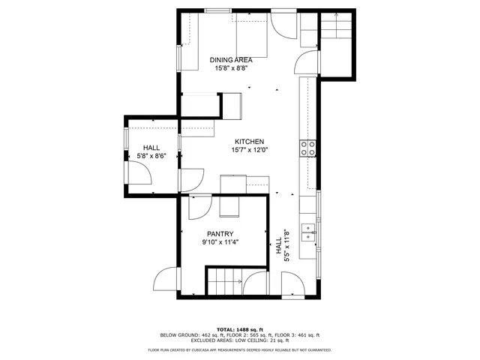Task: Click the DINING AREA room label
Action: click(230, 60)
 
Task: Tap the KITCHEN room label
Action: click(250, 142)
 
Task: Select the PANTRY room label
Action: click(220, 233)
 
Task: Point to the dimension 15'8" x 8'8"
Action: click(229, 68)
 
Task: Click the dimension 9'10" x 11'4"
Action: click(220, 242)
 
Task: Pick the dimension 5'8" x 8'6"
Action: click(151, 156)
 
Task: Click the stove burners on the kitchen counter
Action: click(307, 148)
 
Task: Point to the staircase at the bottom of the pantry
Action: click(225, 283)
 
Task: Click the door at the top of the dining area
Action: click(283, 25)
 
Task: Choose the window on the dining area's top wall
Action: click(218, 10)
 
